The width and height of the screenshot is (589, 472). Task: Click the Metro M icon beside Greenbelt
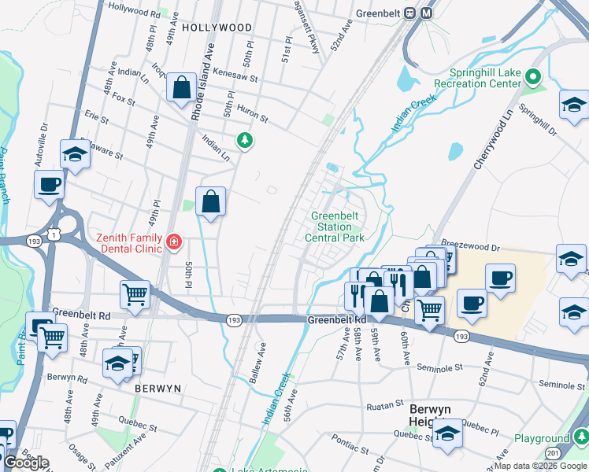pos(427,13)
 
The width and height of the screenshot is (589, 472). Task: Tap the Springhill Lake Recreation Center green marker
pos(533,77)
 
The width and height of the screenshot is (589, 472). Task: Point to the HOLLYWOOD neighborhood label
pos(217,27)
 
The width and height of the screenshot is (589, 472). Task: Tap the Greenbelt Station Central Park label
pos(336,227)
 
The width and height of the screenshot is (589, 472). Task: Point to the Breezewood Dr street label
pos(471,246)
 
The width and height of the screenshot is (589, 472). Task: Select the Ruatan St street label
pos(386,407)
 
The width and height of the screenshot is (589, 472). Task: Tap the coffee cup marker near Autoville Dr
pos(49,185)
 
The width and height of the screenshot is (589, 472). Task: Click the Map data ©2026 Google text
pos(539,466)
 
